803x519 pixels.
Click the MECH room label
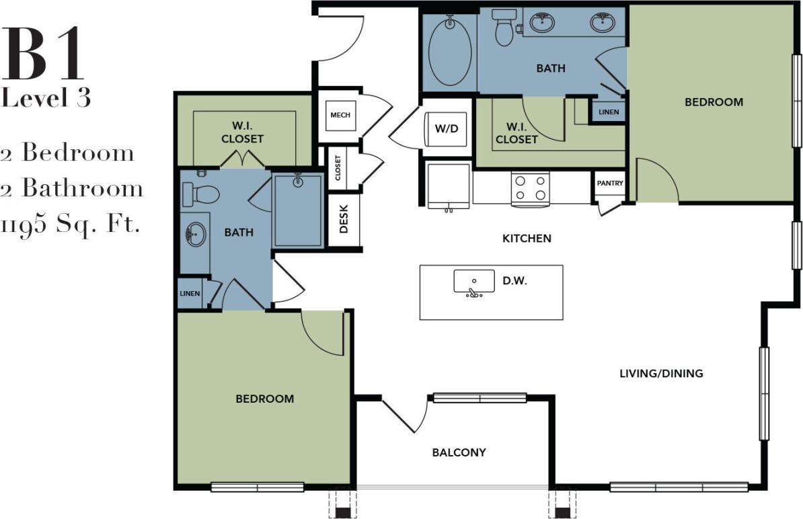340,115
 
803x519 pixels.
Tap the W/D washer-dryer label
446,128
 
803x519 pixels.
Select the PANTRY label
610,183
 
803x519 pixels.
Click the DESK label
344,223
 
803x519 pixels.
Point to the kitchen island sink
473,282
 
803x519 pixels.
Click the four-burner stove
531,188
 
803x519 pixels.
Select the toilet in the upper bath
504,26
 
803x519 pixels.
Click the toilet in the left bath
201,194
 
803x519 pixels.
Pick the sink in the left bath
196,236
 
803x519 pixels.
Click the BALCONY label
459,452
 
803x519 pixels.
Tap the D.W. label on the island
514,281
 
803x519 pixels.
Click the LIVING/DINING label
661,373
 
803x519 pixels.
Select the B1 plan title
44,54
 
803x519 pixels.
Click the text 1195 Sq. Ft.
71,224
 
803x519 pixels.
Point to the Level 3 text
46,98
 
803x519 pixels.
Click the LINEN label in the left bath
190,294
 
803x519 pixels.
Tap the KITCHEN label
527,238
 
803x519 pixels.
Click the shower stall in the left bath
299,210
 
